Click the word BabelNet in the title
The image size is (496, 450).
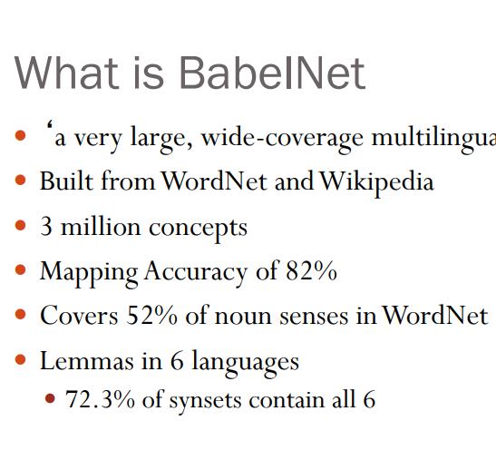point(273,73)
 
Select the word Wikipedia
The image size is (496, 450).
point(376,181)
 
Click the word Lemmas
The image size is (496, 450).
point(78,361)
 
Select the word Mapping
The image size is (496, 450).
point(89,271)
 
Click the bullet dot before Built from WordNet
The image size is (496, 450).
point(21,181)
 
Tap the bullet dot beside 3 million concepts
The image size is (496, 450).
point(21,227)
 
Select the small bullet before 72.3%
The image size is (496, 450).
point(51,398)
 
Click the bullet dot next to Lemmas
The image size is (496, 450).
point(21,361)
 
